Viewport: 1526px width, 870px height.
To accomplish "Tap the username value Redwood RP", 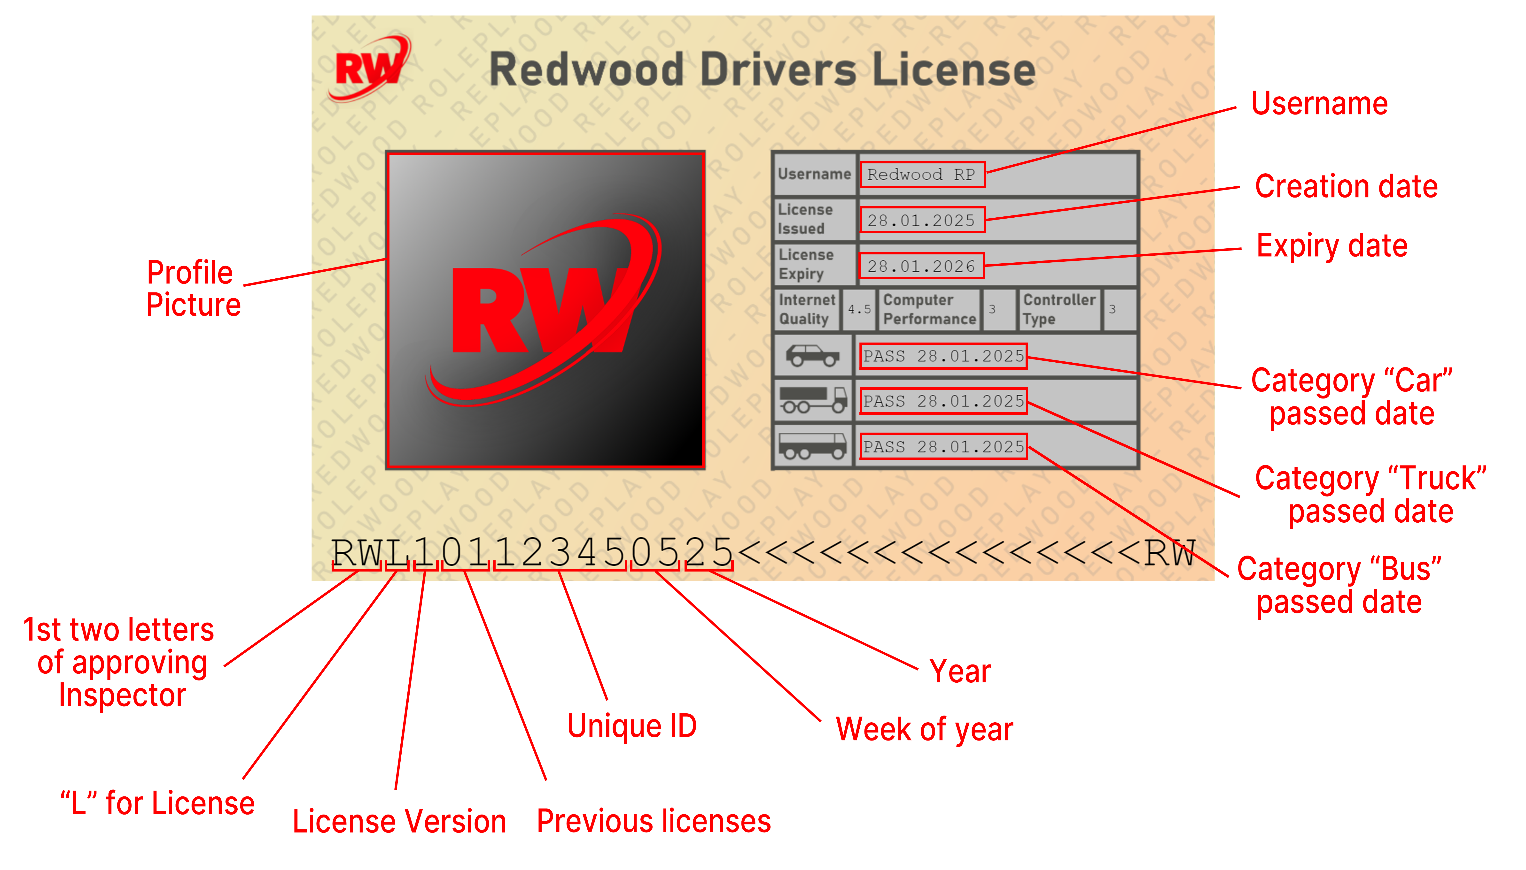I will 921,175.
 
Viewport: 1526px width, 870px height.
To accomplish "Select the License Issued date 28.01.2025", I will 921,221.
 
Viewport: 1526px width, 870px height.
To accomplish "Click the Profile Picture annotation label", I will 193,289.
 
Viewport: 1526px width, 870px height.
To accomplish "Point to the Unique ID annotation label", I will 632,726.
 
